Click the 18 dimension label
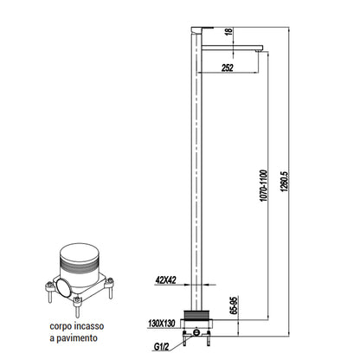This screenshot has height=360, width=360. (x=229, y=31)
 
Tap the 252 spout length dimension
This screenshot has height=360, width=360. (x=228, y=67)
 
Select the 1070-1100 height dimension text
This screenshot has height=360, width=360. (x=264, y=185)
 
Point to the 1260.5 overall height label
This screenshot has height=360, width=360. (x=285, y=182)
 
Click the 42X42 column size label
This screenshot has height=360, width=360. (x=165, y=280)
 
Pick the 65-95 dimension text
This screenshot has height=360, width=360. (x=234, y=305)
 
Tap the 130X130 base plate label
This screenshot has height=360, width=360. (x=162, y=324)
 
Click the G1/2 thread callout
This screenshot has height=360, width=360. (x=161, y=347)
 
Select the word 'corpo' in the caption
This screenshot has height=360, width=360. (x=60, y=327)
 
